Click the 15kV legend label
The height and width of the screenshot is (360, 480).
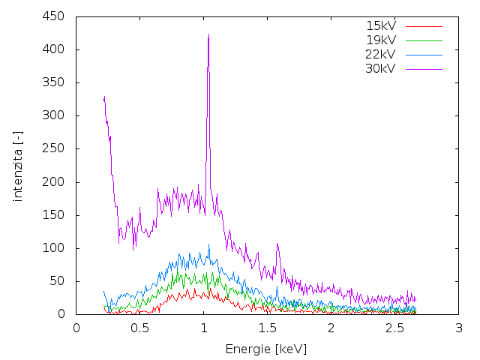click(380, 25)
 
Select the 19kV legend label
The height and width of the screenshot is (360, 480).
click(380, 40)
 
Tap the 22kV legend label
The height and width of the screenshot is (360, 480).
click(380, 54)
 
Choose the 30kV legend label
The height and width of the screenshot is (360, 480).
click(380, 68)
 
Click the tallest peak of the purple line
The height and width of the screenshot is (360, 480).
click(208, 34)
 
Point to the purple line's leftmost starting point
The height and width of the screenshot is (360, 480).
click(104, 98)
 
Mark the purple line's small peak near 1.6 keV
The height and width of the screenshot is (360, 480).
click(277, 244)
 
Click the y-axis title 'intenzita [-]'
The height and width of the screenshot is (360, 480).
click(17, 164)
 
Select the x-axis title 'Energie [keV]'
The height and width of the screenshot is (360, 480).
click(266, 349)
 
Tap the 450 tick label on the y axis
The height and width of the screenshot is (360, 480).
click(55, 16)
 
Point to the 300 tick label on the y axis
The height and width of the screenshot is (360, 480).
click(55, 115)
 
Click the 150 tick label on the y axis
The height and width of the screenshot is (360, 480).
click(55, 215)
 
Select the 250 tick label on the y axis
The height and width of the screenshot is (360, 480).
click(55, 148)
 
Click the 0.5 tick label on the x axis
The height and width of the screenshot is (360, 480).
click(139, 328)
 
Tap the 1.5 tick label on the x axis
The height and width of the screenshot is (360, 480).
click(267, 328)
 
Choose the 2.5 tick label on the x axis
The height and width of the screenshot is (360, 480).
click(394, 328)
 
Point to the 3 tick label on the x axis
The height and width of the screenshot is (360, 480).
click(458, 328)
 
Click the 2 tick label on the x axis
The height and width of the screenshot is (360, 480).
click(331, 328)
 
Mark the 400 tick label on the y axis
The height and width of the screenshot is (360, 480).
click(55, 49)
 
